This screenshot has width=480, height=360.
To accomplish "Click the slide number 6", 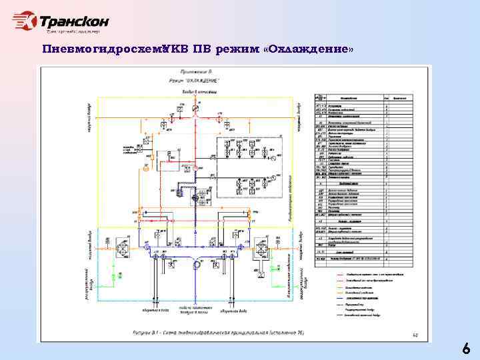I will [466, 349].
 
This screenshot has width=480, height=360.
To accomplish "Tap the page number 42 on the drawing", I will [417, 336].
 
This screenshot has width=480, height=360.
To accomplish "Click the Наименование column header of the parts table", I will [353, 97].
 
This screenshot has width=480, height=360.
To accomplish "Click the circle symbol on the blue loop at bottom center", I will [197, 265].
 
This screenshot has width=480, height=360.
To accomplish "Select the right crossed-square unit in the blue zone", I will [261, 249].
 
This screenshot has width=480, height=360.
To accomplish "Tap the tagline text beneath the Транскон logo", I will [73, 31].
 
